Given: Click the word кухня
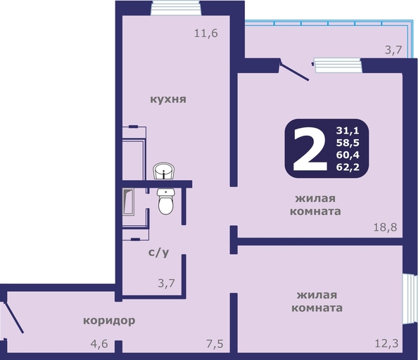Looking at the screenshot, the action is (x=168, y=99).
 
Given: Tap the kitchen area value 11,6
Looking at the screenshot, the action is (x=205, y=33).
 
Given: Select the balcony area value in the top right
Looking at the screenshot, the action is (x=393, y=50).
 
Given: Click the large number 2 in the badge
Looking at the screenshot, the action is (x=310, y=149).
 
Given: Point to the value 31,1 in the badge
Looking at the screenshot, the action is (x=348, y=131).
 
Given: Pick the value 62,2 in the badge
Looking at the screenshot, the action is (x=348, y=167).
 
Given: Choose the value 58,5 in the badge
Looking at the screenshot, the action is (x=348, y=143).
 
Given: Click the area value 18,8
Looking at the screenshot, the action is (x=385, y=227).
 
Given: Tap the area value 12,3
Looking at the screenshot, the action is (x=386, y=343).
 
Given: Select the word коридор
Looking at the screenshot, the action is (x=109, y=321).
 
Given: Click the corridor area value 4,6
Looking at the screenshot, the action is (x=99, y=344).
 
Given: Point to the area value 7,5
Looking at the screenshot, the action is (x=215, y=344).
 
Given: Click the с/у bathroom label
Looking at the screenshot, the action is (x=158, y=252).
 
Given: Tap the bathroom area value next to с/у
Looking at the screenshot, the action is (x=166, y=283).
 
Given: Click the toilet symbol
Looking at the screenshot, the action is (x=166, y=201).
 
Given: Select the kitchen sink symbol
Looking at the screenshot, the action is (x=164, y=172).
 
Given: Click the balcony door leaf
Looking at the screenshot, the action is (x=294, y=71).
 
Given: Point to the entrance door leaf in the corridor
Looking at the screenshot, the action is (x=14, y=317).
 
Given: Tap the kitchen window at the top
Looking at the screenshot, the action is (x=176, y=8).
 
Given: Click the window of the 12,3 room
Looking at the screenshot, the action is (x=410, y=299).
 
